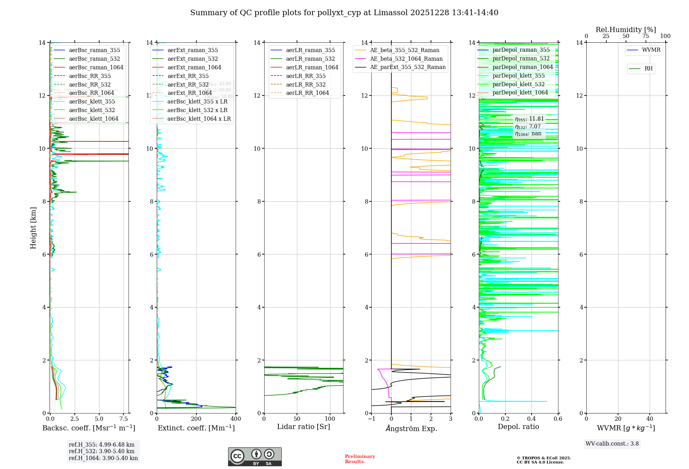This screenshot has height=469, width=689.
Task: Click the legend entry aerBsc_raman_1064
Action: click(x=96, y=67)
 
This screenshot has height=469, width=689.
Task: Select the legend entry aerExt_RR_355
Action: click(x=188, y=76)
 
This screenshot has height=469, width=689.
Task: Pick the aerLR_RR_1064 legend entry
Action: click(x=307, y=93)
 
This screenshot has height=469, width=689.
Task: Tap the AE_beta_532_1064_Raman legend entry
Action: click(x=406, y=59)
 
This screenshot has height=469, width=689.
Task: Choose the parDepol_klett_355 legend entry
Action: click(x=518, y=76)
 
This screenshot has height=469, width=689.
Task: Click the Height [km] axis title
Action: click(x=33, y=228)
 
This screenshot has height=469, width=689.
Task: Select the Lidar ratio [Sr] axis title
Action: click(x=304, y=427)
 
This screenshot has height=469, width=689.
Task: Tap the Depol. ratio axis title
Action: click(x=518, y=427)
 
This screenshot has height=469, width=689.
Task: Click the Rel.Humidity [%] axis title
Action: click(x=626, y=30)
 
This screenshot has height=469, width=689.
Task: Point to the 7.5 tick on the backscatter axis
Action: click(x=124, y=419)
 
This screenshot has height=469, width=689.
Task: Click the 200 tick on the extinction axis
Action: click(x=196, y=419)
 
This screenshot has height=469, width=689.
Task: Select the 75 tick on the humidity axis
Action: click(x=646, y=36)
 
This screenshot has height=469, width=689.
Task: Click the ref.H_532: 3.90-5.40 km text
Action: click(x=102, y=451)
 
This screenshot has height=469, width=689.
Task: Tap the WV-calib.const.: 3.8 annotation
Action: click(x=612, y=443)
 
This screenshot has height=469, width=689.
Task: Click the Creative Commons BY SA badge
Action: click(x=255, y=457)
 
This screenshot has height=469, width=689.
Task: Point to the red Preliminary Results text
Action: click(x=360, y=459)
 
